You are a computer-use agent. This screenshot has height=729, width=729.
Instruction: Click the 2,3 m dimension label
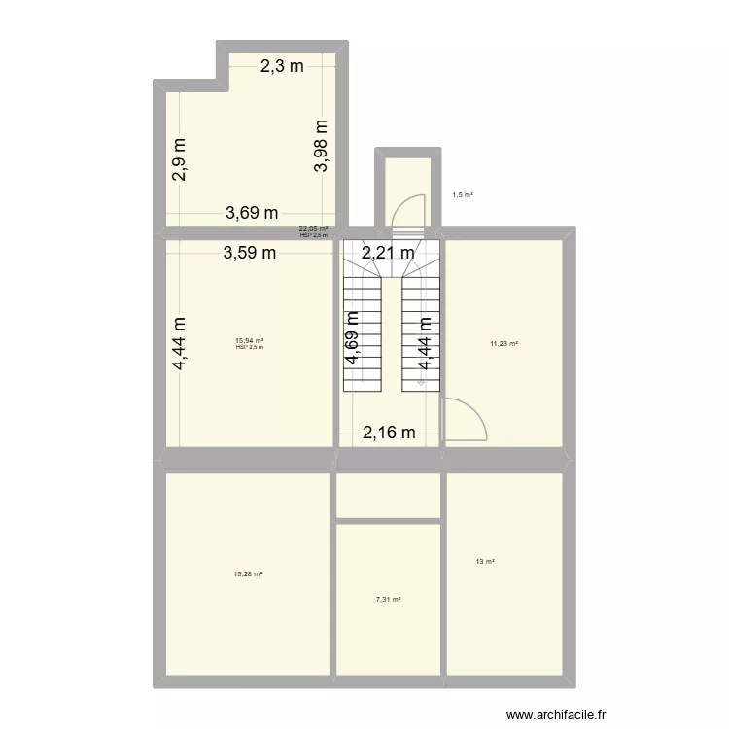coord(281,67)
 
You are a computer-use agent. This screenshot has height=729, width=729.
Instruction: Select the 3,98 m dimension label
coord(322,145)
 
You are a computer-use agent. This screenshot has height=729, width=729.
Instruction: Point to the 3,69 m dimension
coord(252,213)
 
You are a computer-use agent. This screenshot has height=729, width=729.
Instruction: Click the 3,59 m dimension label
coord(250,254)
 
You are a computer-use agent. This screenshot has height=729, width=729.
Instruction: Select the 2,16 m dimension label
coord(389,434)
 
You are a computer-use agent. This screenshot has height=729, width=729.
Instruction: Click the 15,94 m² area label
coord(250,340)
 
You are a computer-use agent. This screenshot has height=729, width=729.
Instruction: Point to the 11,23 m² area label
coord(503,343)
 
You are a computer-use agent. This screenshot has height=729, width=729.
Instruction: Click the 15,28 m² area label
coord(249,573)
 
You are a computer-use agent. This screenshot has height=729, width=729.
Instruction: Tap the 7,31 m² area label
coord(389,600)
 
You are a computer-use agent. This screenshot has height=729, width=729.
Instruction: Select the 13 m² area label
coord(485,561)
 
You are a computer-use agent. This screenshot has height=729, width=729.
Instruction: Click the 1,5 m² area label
coord(463,194)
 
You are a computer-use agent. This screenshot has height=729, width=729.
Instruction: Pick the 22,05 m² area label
coord(313,229)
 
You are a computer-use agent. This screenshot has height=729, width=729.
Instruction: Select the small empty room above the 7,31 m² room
coord(389,496)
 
